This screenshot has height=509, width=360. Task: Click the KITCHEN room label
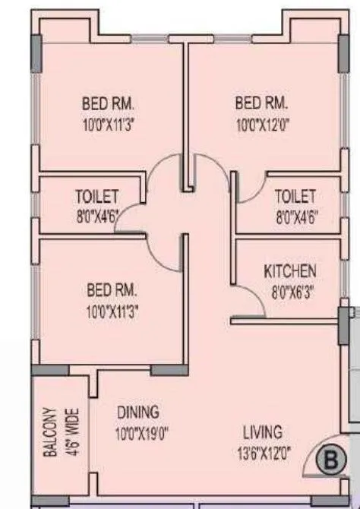pos(290,271)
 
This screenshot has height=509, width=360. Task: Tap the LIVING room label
pos(263,432)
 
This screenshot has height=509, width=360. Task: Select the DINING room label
pos(138,413)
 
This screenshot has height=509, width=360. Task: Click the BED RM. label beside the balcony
pos(112,289)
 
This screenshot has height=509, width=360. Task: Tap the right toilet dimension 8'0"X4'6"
pos(297,215)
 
